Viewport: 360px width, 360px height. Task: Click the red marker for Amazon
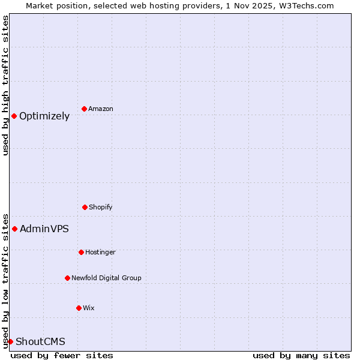(85, 109)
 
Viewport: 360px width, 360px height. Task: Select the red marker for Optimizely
(14, 116)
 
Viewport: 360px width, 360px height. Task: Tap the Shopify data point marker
(85, 207)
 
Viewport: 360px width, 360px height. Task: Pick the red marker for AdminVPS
(14, 229)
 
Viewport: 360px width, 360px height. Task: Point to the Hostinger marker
(81, 252)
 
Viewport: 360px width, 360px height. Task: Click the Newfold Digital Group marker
(67, 278)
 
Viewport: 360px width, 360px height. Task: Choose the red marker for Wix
(79, 308)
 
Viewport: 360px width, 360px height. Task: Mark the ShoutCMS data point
(10, 341)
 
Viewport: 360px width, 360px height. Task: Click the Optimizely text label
(44, 116)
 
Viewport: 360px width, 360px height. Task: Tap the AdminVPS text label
(44, 229)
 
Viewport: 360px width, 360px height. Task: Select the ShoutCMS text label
(40, 342)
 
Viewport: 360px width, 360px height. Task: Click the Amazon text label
(101, 109)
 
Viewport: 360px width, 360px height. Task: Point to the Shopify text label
(101, 208)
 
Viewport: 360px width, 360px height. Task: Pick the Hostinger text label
(100, 253)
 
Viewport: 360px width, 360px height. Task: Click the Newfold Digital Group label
(106, 278)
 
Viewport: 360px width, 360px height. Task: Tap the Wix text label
(89, 308)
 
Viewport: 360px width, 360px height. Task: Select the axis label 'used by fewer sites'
(62, 355)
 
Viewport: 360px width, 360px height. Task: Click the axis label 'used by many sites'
(301, 355)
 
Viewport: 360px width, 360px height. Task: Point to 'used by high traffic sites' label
(5, 85)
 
